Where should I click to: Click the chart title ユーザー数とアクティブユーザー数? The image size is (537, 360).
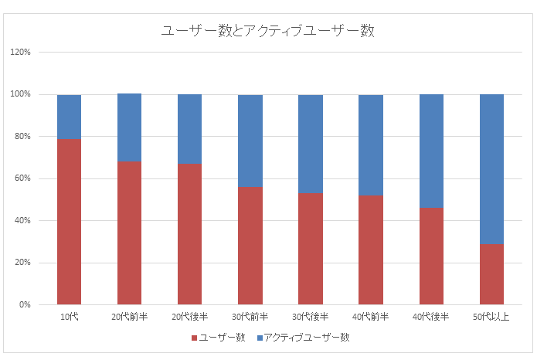268,31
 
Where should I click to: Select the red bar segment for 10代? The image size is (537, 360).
69,222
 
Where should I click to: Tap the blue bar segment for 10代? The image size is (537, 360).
69,117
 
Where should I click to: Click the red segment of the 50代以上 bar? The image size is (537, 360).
491,274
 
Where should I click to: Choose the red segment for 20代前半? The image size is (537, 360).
129,233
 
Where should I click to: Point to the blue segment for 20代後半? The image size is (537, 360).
189,129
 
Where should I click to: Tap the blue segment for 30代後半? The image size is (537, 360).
310,144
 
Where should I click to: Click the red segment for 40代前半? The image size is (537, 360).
371,250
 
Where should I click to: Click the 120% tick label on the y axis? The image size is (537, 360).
20,53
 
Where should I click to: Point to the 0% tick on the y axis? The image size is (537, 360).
23,305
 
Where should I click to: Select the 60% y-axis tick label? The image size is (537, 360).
22,178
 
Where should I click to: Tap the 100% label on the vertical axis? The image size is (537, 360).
20,95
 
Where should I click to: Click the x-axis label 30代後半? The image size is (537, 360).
310,318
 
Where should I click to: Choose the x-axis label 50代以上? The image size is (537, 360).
491,318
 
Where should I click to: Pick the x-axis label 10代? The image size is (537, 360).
69,318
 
